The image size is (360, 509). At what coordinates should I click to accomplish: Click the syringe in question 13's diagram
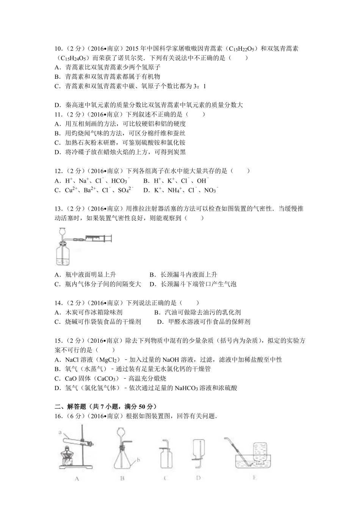(x=97, y=238)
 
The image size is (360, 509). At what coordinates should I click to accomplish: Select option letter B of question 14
(x=157, y=312)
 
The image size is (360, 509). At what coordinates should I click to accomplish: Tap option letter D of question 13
(x=152, y=284)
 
